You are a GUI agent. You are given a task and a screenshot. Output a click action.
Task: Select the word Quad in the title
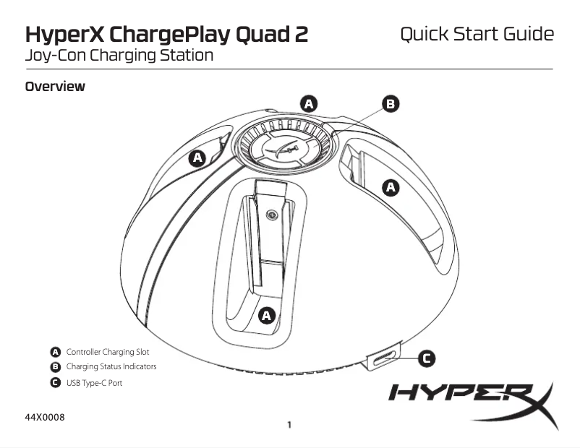pyautogui.click(x=251, y=35)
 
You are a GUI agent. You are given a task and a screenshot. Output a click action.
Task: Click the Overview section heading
pyautogui.click(x=55, y=87)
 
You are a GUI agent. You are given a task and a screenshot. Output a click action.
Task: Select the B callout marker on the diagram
pyautogui.click(x=391, y=104)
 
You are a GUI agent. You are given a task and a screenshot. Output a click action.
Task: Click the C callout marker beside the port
pyautogui.click(x=427, y=358)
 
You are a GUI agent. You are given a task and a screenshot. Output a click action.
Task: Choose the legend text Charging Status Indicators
pyautogui.click(x=111, y=367)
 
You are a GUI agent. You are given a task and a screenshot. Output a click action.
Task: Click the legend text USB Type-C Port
pyautogui.click(x=94, y=382)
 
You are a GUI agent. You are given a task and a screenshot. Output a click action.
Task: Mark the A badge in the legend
pyautogui.click(x=55, y=352)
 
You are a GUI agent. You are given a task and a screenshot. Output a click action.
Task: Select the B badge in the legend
pyautogui.click(x=55, y=367)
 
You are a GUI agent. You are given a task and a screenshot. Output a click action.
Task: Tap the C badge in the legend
pyautogui.click(x=55, y=382)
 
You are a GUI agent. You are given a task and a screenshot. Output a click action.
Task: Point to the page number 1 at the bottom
pyautogui.click(x=289, y=425)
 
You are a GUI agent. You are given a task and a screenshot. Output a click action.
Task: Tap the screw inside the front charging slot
pyautogui.click(x=270, y=214)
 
